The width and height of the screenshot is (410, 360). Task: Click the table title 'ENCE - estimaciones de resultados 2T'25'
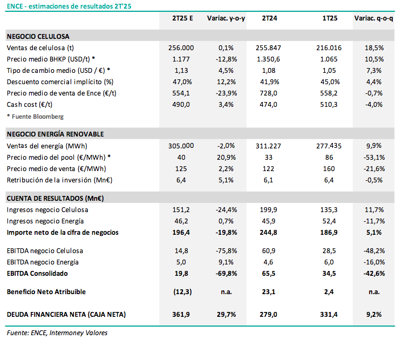[69, 6]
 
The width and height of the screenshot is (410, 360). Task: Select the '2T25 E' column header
[182, 18]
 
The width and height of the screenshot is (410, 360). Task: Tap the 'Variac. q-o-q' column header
[374, 18]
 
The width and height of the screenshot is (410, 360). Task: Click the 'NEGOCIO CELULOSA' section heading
[38, 36]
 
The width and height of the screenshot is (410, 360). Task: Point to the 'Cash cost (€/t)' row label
[30, 105]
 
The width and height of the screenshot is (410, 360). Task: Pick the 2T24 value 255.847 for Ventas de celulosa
[268, 48]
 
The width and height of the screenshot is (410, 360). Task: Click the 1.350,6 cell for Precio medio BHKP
[268, 59]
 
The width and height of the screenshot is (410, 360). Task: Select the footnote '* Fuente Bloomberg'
[35, 117]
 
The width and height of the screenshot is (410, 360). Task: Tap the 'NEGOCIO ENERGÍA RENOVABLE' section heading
[55, 134]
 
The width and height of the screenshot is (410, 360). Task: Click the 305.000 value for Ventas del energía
[181, 146]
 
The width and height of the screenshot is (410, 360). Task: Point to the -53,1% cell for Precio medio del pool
[374, 158]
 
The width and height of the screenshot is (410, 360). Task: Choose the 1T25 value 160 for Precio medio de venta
[329, 169]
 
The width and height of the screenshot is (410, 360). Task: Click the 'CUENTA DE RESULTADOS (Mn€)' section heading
[55, 198]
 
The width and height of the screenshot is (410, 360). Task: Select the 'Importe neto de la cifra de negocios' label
[63, 233]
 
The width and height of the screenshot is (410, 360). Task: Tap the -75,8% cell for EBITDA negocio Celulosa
[227, 251]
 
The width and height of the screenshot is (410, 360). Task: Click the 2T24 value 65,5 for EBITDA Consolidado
[268, 274]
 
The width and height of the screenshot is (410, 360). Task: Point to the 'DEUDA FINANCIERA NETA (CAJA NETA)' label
[66, 315]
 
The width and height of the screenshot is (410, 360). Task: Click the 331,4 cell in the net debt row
[329, 315]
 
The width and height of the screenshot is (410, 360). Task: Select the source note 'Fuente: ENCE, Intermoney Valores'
[57, 333]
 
